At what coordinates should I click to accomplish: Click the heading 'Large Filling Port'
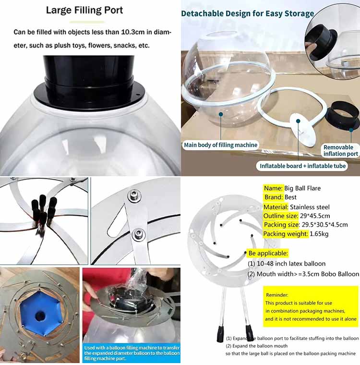[x=91, y=10]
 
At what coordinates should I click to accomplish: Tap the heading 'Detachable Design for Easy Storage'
[x=247, y=13]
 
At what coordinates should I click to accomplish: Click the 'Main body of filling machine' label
[x=221, y=145]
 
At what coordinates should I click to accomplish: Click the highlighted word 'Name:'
[x=273, y=188]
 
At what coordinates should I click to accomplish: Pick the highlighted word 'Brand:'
[x=274, y=197]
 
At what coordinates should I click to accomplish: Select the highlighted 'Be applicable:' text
[x=268, y=253]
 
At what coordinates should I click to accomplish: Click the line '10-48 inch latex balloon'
[x=287, y=264]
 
